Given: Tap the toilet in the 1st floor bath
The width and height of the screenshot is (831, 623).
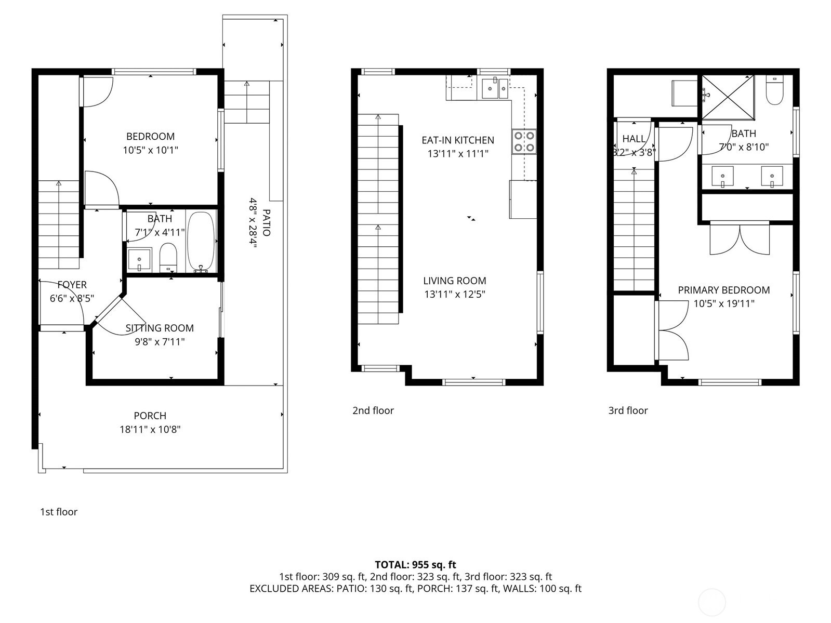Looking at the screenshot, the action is pyautogui.click(x=168, y=258).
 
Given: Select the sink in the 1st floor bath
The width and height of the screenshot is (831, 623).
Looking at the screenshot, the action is pyautogui.click(x=139, y=260).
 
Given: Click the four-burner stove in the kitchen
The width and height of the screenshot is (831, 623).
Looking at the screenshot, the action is pyautogui.click(x=524, y=141).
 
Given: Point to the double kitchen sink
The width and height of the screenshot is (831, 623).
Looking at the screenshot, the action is pyautogui.click(x=495, y=88).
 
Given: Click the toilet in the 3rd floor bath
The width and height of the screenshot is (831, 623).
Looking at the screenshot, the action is pyautogui.click(x=774, y=90).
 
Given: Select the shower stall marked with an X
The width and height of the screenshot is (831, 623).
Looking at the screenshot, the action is pyautogui.click(x=728, y=98).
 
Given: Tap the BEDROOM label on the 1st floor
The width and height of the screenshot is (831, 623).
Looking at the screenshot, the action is pyautogui.click(x=150, y=136).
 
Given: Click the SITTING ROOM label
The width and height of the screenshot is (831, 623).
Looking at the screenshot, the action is pyautogui.click(x=160, y=328).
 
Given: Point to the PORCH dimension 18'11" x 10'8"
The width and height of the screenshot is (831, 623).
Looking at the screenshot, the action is pyautogui.click(x=150, y=429).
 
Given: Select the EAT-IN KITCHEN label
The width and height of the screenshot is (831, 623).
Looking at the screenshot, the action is pyautogui.click(x=458, y=140).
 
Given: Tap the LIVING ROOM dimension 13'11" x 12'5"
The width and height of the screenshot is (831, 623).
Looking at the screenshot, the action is pyautogui.click(x=455, y=294).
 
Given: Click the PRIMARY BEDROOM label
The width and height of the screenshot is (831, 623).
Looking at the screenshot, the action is pyautogui.click(x=723, y=290).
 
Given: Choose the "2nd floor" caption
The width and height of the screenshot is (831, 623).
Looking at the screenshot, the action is pyautogui.click(x=373, y=410).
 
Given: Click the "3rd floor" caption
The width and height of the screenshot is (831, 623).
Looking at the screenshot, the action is pyautogui.click(x=628, y=410).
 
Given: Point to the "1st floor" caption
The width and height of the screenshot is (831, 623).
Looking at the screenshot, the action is pyautogui.click(x=59, y=512).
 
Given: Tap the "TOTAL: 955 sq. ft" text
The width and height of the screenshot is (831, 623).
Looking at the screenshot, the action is pyautogui.click(x=415, y=565).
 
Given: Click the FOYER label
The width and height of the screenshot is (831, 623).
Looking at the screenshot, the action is pyautogui.click(x=72, y=285).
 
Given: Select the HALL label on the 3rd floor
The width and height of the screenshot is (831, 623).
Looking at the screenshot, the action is pyautogui.click(x=634, y=139).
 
